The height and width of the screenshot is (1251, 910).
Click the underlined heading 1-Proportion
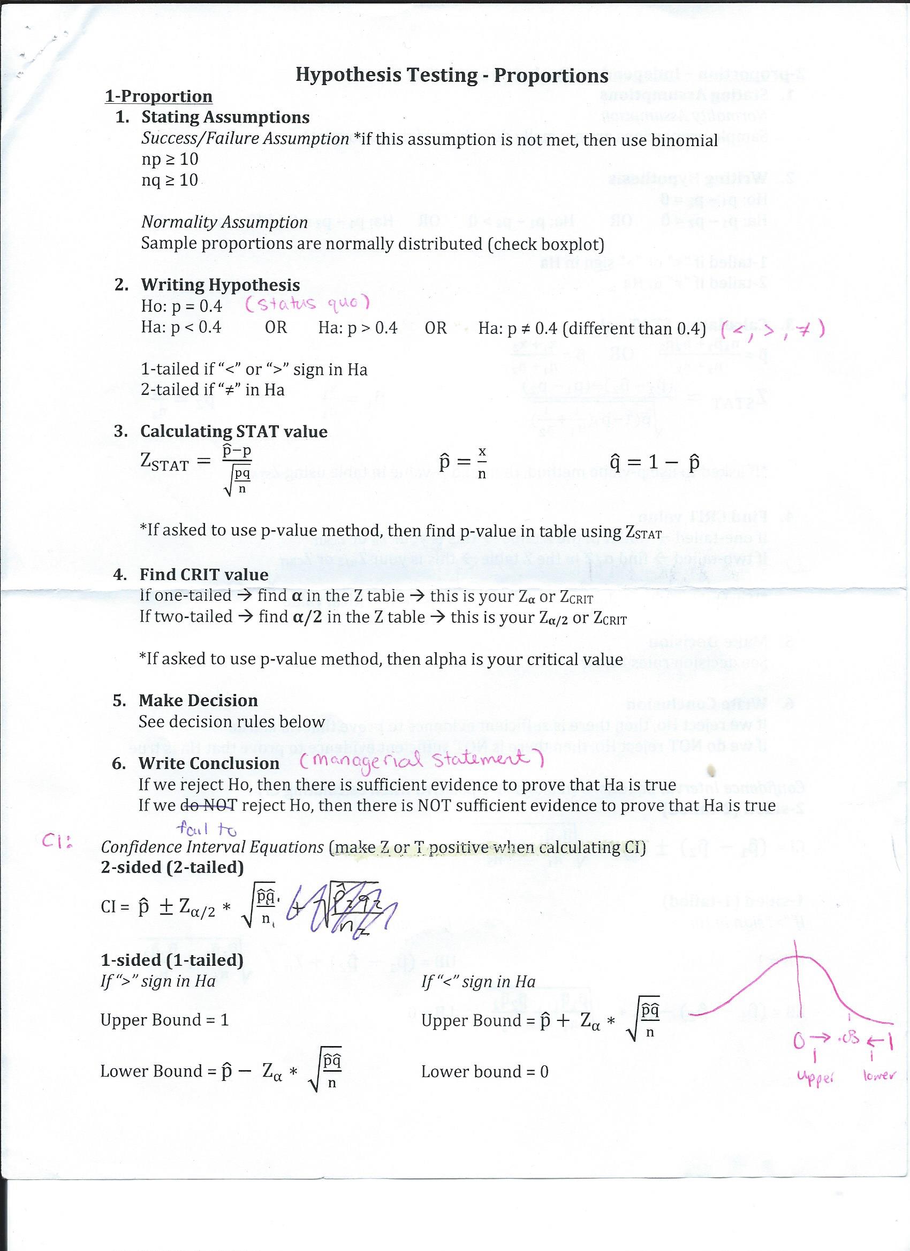(158, 96)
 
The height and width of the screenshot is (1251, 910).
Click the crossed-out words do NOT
(209, 805)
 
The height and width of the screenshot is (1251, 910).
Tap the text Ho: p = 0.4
(181, 306)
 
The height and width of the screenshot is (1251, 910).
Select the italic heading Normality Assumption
(224, 222)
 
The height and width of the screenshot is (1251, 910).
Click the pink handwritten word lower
(879, 1075)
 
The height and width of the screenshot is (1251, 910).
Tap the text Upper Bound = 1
(164, 1020)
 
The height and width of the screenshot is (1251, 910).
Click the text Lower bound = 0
(484, 1072)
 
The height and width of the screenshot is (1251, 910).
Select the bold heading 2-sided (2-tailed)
(172, 867)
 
